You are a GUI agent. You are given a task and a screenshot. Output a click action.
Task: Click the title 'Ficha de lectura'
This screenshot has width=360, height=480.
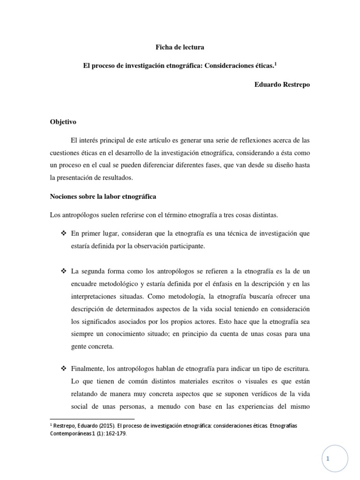(x=180, y=47)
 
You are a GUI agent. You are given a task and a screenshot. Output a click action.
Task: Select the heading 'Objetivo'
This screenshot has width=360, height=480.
(x=63, y=122)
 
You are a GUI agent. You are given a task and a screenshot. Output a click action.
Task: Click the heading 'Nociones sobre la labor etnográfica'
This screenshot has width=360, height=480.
(x=103, y=196)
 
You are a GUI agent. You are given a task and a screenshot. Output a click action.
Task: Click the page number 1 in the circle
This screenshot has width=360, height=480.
(x=329, y=459)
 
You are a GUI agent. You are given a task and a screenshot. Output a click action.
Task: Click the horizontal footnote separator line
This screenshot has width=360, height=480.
(x=92, y=419)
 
